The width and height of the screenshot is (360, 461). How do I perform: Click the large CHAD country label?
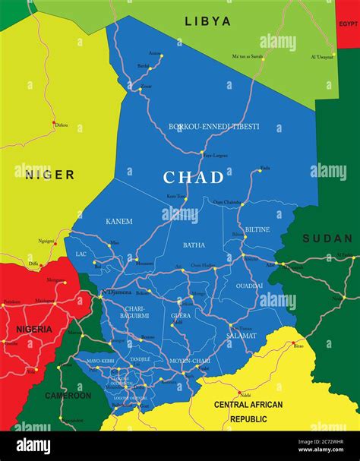194,178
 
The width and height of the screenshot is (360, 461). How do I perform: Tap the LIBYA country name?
207,22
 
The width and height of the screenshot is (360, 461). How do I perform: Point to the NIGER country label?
49,175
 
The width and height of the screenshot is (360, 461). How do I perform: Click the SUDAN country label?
327,238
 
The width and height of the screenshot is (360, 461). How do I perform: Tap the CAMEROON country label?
68,396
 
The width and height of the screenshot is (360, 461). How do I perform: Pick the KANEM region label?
118,222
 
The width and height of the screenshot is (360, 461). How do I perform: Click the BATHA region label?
194,245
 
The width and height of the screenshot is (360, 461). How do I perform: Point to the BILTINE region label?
257,229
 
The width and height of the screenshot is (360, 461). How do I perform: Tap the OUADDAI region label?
249,286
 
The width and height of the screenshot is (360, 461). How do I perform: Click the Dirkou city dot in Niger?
54,122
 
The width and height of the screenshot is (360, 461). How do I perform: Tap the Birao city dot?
293,344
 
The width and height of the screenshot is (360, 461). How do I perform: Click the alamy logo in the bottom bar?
33,446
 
